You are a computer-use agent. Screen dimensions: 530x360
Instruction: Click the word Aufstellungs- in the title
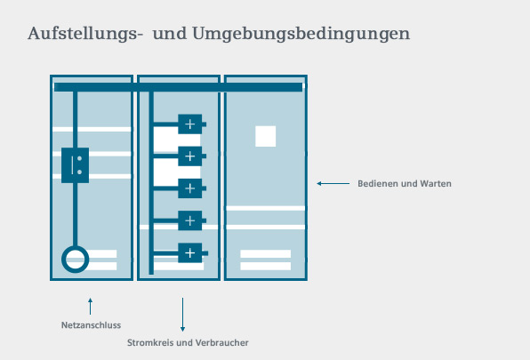click(x=84, y=34)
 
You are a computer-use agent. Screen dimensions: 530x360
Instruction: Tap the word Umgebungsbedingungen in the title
click(x=301, y=34)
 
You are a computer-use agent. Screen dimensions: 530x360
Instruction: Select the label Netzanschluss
click(x=91, y=325)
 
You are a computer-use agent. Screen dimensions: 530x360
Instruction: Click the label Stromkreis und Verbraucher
click(x=188, y=343)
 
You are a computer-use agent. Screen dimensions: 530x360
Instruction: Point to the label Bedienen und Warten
click(x=405, y=184)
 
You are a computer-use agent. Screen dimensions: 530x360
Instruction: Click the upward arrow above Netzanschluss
click(x=90, y=307)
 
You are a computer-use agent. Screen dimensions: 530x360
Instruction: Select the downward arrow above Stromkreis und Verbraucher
click(x=182, y=315)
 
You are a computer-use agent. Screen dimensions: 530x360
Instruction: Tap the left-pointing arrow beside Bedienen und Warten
click(x=333, y=184)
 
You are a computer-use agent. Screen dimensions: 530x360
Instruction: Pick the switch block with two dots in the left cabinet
click(x=75, y=165)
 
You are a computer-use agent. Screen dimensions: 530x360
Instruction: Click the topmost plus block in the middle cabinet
click(x=190, y=124)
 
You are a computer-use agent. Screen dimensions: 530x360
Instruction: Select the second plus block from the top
click(x=190, y=156)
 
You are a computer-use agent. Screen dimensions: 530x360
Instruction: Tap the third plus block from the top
click(x=190, y=188)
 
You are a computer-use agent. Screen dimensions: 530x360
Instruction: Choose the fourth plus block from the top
click(x=190, y=220)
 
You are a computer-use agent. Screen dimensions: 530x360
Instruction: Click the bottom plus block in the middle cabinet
click(x=190, y=253)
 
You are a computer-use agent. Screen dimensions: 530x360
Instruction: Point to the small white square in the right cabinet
click(x=265, y=136)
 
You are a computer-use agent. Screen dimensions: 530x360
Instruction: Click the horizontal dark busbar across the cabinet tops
click(x=179, y=87)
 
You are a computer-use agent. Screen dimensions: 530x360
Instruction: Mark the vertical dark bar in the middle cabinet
click(x=151, y=183)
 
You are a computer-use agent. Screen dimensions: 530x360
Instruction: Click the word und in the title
click(x=170, y=34)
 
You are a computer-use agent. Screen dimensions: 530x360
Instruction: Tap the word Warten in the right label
click(x=436, y=184)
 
